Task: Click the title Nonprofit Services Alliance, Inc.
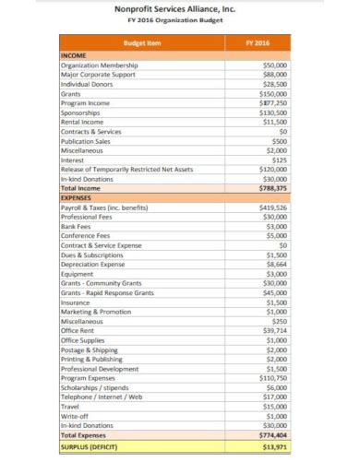180,7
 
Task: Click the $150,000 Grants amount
272,94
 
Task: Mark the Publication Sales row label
88,141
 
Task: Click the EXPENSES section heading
78,197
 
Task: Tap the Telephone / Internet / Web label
102,396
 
